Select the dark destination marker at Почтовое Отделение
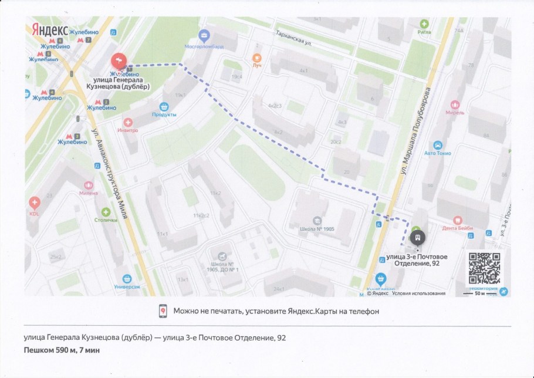tap(417, 238)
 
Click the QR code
tap(484, 268)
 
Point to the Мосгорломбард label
tap(204, 45)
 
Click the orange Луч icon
tap(256, 58)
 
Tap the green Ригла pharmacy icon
tap(424, 24)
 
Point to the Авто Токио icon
tap(437, 145)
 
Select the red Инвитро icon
tap(127, 122)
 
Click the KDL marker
tap(34, 203)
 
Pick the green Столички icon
tap(106, 212)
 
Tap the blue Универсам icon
tap(127, 279)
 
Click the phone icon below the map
tap(163, 311)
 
